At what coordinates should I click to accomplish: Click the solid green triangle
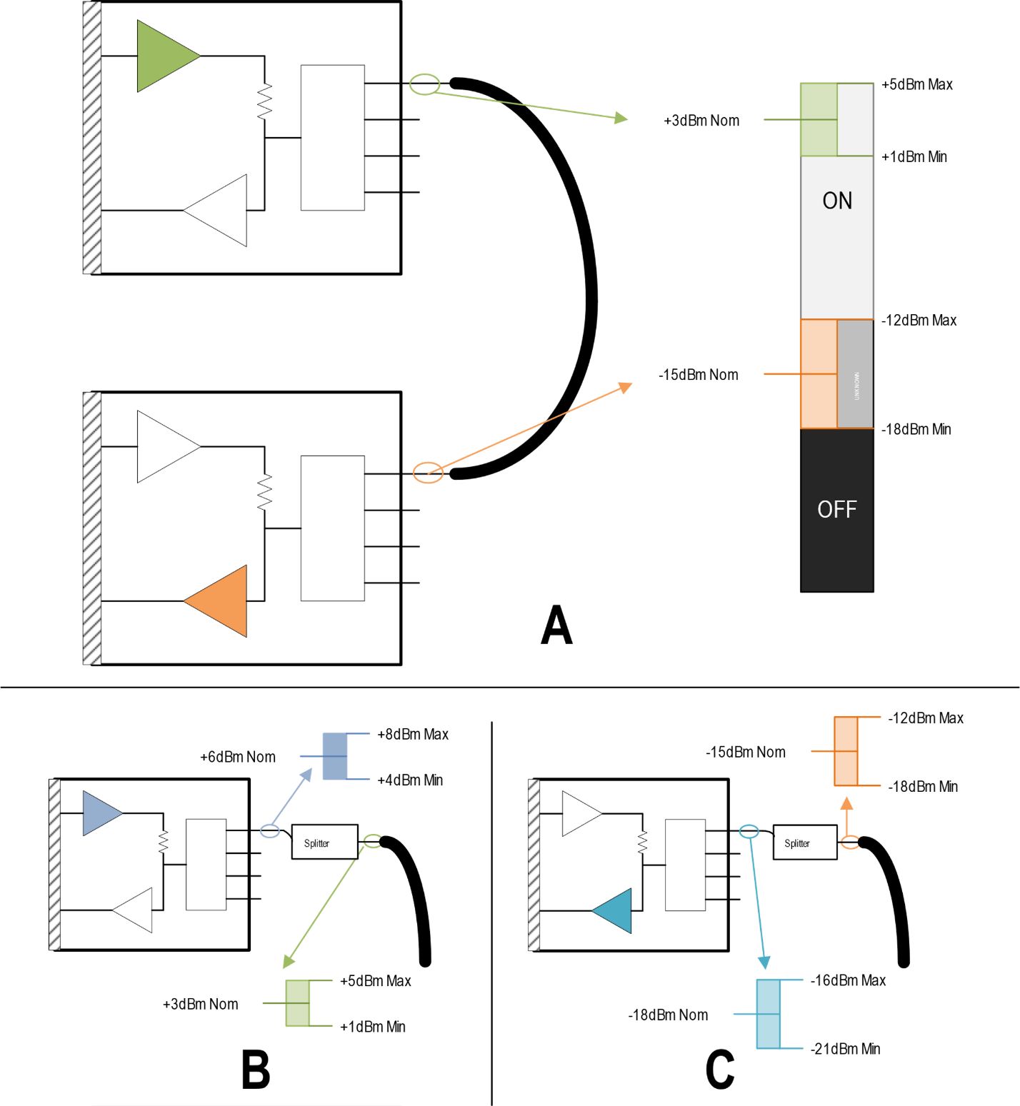click(163, 56)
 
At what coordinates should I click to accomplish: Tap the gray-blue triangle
click(100, 813)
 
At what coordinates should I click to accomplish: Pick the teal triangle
click(616, 910)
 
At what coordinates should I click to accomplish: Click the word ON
click(837, 201)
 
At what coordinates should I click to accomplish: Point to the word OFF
click(837, 509)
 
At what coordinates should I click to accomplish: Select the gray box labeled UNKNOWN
click(855, 374)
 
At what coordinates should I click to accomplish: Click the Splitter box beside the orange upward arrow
click(805, 843)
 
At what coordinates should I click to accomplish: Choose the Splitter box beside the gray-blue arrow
click(324, 843)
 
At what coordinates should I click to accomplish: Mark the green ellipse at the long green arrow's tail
click(424, 84)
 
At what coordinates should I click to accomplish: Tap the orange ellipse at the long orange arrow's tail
click(428, 473)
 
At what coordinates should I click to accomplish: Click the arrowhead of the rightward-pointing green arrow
click(621, 118)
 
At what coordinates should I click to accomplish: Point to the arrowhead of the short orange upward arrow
click(846, 803)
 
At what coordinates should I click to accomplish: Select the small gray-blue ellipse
click(270, 831)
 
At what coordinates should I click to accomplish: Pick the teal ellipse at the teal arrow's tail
click(749, 832)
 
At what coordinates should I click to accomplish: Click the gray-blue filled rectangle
click(335, 756)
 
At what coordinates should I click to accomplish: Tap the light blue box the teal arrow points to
click(769, 1014)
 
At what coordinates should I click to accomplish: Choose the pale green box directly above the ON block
click(819, 119)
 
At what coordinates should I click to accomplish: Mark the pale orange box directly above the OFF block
click(819, 374)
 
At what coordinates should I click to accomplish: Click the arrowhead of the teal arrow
click(764, 962)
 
